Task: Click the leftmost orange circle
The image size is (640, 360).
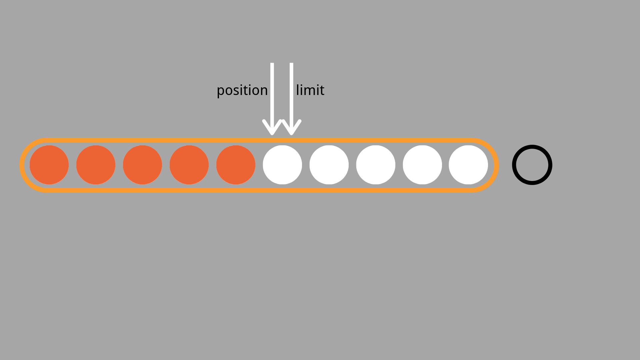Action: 49,165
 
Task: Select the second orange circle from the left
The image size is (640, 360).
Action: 96,165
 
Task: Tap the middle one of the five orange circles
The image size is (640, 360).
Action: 142,165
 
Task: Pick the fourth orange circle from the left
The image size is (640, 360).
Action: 189,165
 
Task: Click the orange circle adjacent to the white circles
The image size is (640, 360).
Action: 236,165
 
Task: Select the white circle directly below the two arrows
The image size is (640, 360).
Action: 282,165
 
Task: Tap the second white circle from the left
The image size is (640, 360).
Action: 329,165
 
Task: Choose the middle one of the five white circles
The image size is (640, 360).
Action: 376,165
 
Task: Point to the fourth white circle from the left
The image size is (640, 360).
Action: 422,165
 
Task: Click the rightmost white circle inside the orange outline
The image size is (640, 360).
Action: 468,165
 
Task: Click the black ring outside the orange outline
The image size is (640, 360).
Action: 532,146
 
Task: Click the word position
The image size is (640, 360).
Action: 242,91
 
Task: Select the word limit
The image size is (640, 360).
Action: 310,90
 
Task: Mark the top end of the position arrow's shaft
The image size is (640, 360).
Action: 272,63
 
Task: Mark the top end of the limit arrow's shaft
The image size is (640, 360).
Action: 292,63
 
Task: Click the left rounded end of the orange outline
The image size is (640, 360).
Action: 22,165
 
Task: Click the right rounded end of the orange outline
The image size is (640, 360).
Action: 497,165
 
